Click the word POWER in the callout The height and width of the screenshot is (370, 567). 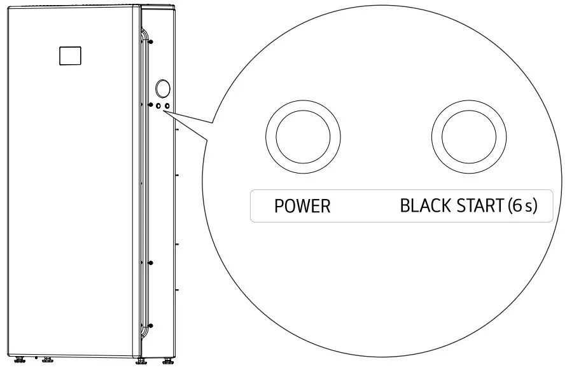pos(302,206)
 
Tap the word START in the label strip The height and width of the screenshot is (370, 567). pos(480,205)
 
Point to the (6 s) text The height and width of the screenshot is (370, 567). pos(522,205)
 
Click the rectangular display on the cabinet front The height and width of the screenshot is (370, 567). pos(70,56)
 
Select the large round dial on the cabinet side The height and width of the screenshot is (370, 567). pos(163,88)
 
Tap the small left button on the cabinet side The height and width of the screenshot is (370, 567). pos(158,106)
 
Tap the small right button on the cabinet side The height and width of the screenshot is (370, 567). pos(167,106)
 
